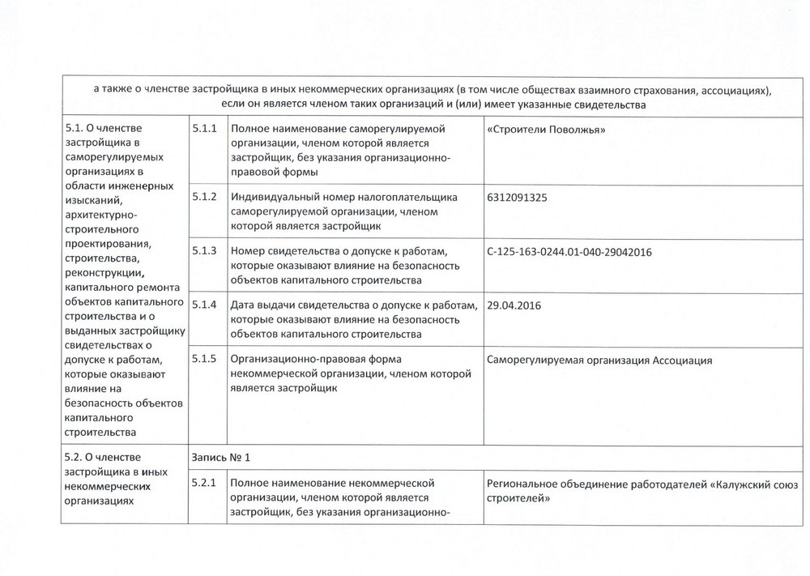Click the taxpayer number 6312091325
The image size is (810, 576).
[x=518, y=198]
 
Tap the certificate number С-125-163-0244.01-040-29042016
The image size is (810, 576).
[x=571, y=253]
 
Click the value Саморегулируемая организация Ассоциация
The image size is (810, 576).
[x=600, y=361]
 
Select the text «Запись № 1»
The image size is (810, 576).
[x=220, y=457]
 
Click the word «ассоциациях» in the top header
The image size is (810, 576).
[x=732, y=88]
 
